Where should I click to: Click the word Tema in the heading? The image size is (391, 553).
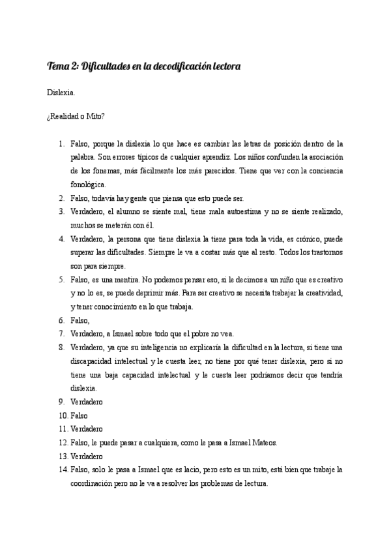58,67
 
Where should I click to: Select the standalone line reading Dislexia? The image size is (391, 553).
60,93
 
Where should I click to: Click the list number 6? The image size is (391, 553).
61,320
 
